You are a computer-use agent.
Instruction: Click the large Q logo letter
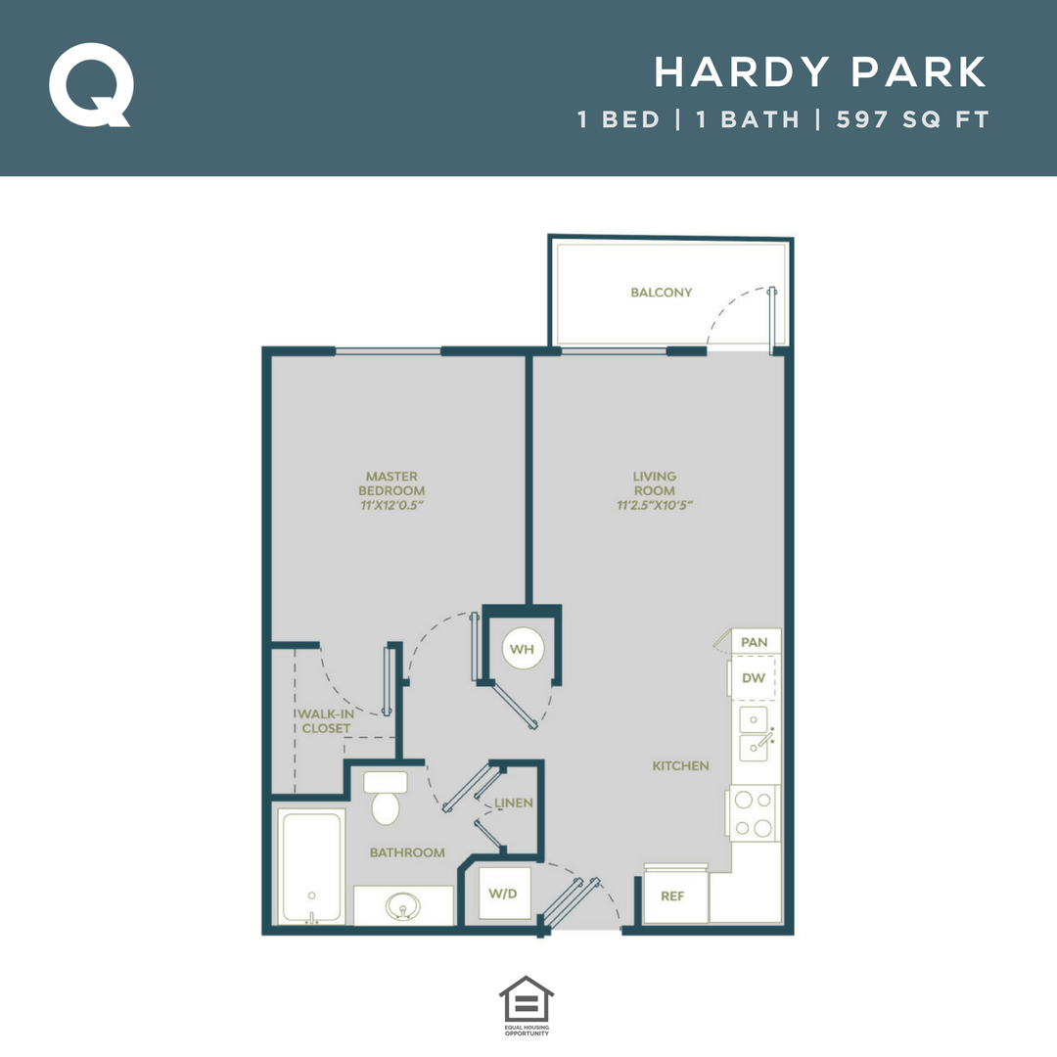click(90, 85)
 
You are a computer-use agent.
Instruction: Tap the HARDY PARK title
click(821, 72)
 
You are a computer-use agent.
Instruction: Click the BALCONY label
click(662, 292)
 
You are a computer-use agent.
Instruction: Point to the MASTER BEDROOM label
click(391, 483)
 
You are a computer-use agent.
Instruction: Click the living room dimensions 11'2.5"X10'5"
click(655, 505)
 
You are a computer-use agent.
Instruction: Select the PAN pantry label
click(754, 642)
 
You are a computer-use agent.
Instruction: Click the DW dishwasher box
click(754, 677)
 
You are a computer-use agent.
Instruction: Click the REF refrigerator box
click(672, 896)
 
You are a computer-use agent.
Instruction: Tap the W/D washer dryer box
click(504, 893)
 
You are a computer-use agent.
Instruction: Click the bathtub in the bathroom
click(311, 865)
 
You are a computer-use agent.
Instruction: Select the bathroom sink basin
click(402, 906)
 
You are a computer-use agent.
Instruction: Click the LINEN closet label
click(514, 803)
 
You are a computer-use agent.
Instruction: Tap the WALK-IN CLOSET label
click(326, 721)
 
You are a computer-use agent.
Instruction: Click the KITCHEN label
click(681, 765)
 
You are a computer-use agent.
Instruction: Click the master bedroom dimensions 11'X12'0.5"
click(391, 505)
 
